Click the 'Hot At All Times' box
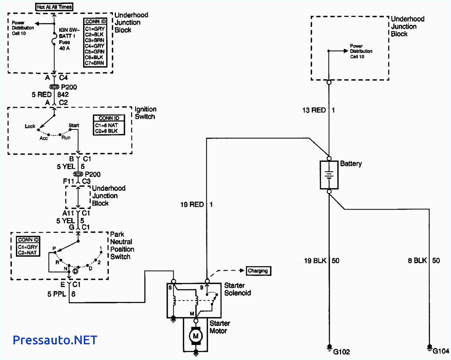[54, 7]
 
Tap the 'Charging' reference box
[258, 271]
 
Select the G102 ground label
[341, 352]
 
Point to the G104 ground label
[441, 351]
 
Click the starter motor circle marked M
[196, 336]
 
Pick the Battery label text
[351, 164]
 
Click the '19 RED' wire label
[192, 204]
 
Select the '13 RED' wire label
[314, 110]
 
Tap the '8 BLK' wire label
[417, 261]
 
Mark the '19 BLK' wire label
[315, 261]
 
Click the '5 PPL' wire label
[57, 294]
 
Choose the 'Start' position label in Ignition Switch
[74, 125]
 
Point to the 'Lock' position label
[30, 126]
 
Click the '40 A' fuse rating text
[64, 48]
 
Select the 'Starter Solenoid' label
[237, 289]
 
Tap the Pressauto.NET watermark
[55, 340]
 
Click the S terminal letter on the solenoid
[170, 287]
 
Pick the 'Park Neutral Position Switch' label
[122, 246]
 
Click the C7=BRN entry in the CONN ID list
[94, 63]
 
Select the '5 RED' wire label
[41, 94]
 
